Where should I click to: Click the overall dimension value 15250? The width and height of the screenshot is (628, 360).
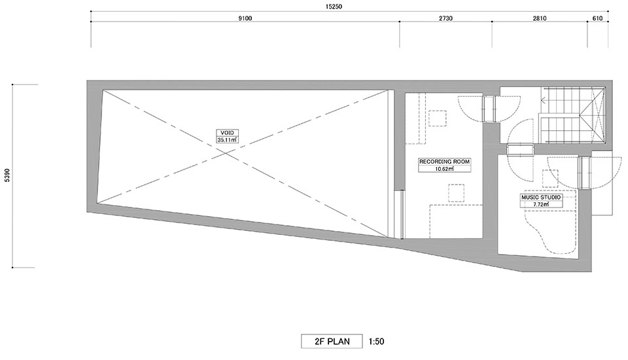point(334,7)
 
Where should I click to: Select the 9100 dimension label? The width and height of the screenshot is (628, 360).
point(245,18)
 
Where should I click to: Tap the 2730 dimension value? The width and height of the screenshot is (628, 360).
point(445,18)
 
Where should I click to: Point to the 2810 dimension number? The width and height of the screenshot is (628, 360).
point(540,18)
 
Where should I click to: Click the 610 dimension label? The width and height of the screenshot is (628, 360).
point(597,18)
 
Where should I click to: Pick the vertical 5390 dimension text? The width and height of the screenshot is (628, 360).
point(7,175)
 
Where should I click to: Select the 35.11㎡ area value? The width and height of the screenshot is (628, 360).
point(227,140)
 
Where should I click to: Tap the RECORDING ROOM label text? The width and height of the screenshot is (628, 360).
point(444,162)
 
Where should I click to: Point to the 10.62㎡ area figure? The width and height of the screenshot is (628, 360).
point(444,169)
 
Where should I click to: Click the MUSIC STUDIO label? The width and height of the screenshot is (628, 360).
point(541,197)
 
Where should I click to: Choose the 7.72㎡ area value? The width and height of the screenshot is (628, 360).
point(541,204)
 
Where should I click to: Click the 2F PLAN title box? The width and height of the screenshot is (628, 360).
point(332,341)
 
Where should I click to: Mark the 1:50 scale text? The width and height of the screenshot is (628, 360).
point(376,342)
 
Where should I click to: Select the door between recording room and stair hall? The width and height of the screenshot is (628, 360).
point(489,108)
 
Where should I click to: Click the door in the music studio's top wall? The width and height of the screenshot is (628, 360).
point(520,150)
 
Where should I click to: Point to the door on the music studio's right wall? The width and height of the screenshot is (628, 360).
point(584,172)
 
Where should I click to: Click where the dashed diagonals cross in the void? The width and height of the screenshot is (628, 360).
point(224,153)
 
